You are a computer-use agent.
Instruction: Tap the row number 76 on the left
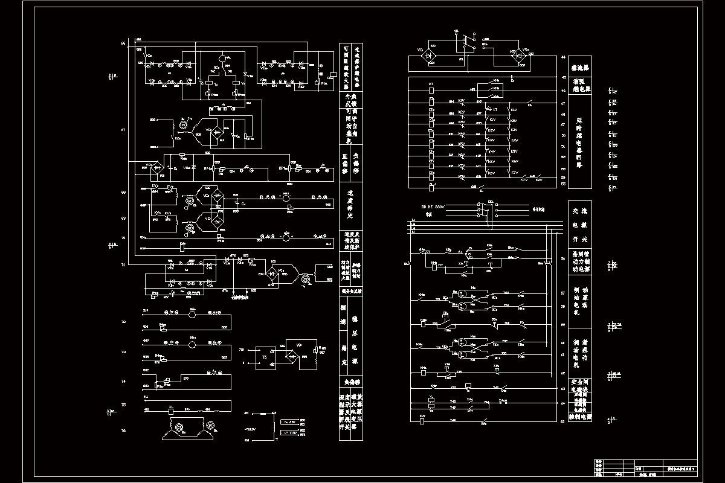(123, 430)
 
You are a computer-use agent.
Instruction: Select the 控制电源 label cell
(581, 417)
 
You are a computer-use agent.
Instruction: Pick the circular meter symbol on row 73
(193, 344)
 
